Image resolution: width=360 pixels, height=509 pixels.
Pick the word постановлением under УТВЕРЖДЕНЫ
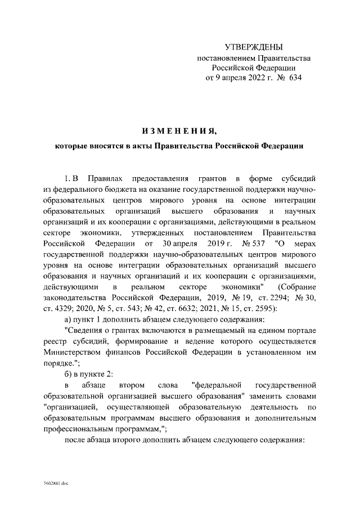(225, 57)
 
